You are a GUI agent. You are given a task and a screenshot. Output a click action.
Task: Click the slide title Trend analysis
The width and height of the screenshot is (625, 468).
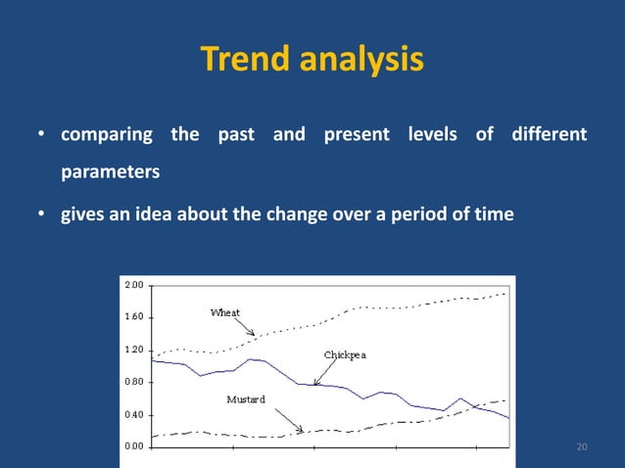(x=312, y=60)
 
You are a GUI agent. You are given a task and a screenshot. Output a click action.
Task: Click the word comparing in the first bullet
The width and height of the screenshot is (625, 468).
(x=107, y=134)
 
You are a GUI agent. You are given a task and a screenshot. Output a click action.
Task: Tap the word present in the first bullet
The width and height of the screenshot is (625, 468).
(x=356, y=134)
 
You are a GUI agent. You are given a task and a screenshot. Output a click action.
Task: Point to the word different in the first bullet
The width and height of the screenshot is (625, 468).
(x=549, y=134)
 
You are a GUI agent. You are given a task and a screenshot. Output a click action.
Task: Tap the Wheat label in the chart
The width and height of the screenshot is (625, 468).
(x=225, y=312)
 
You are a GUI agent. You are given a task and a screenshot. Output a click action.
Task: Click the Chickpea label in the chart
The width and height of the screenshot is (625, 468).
(x=345, y=354)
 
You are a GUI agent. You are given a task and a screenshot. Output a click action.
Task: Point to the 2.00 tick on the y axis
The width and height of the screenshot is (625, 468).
(x=133, y=284)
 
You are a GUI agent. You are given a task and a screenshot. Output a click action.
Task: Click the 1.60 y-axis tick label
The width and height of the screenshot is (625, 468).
(x=133, y=317)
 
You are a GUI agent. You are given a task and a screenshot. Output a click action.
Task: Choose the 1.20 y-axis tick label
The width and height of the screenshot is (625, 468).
(x=133, y=350)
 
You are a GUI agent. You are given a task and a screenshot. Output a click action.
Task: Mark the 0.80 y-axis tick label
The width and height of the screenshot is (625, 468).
(x=133, y=382)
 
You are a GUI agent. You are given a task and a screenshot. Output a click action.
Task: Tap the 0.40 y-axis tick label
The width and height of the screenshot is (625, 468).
(x=133, y=414)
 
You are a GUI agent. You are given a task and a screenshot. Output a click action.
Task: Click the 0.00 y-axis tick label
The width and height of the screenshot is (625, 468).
(x=133, y=446)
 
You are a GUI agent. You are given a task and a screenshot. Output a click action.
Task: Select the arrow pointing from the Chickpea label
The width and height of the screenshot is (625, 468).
(x=323, y=371)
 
